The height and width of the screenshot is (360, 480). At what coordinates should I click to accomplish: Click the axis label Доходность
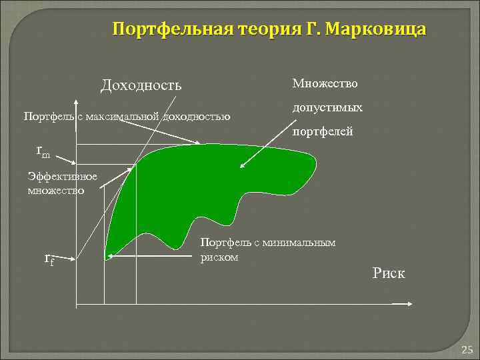pos(141,86)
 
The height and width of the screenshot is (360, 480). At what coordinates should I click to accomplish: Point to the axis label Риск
pos(389,274)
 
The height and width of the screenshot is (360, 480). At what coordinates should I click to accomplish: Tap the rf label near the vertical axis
pos(49,259)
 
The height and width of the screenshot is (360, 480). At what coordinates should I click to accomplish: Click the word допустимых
pos(327,107)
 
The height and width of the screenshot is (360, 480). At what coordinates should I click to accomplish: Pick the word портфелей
pos(323,132)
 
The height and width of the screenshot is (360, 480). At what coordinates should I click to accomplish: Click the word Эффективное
pos(63,177)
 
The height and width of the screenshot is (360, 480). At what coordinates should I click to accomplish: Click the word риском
pos(219,257)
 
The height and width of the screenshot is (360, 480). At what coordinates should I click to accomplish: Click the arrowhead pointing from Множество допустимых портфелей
pos(242,166)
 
